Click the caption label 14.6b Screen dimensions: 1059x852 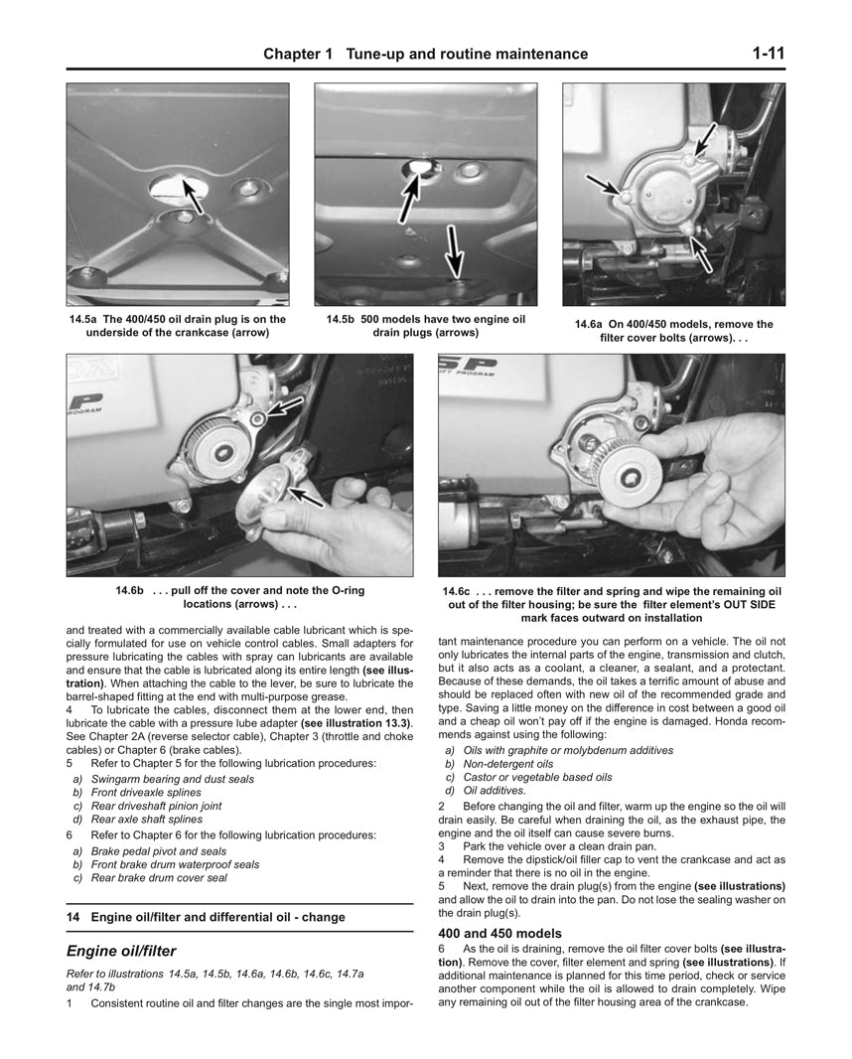click(130, 590)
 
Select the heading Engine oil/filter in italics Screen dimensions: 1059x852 click(121, 950)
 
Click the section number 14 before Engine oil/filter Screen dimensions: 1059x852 click(72, 916)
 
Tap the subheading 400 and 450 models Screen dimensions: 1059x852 click(499, 934)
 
